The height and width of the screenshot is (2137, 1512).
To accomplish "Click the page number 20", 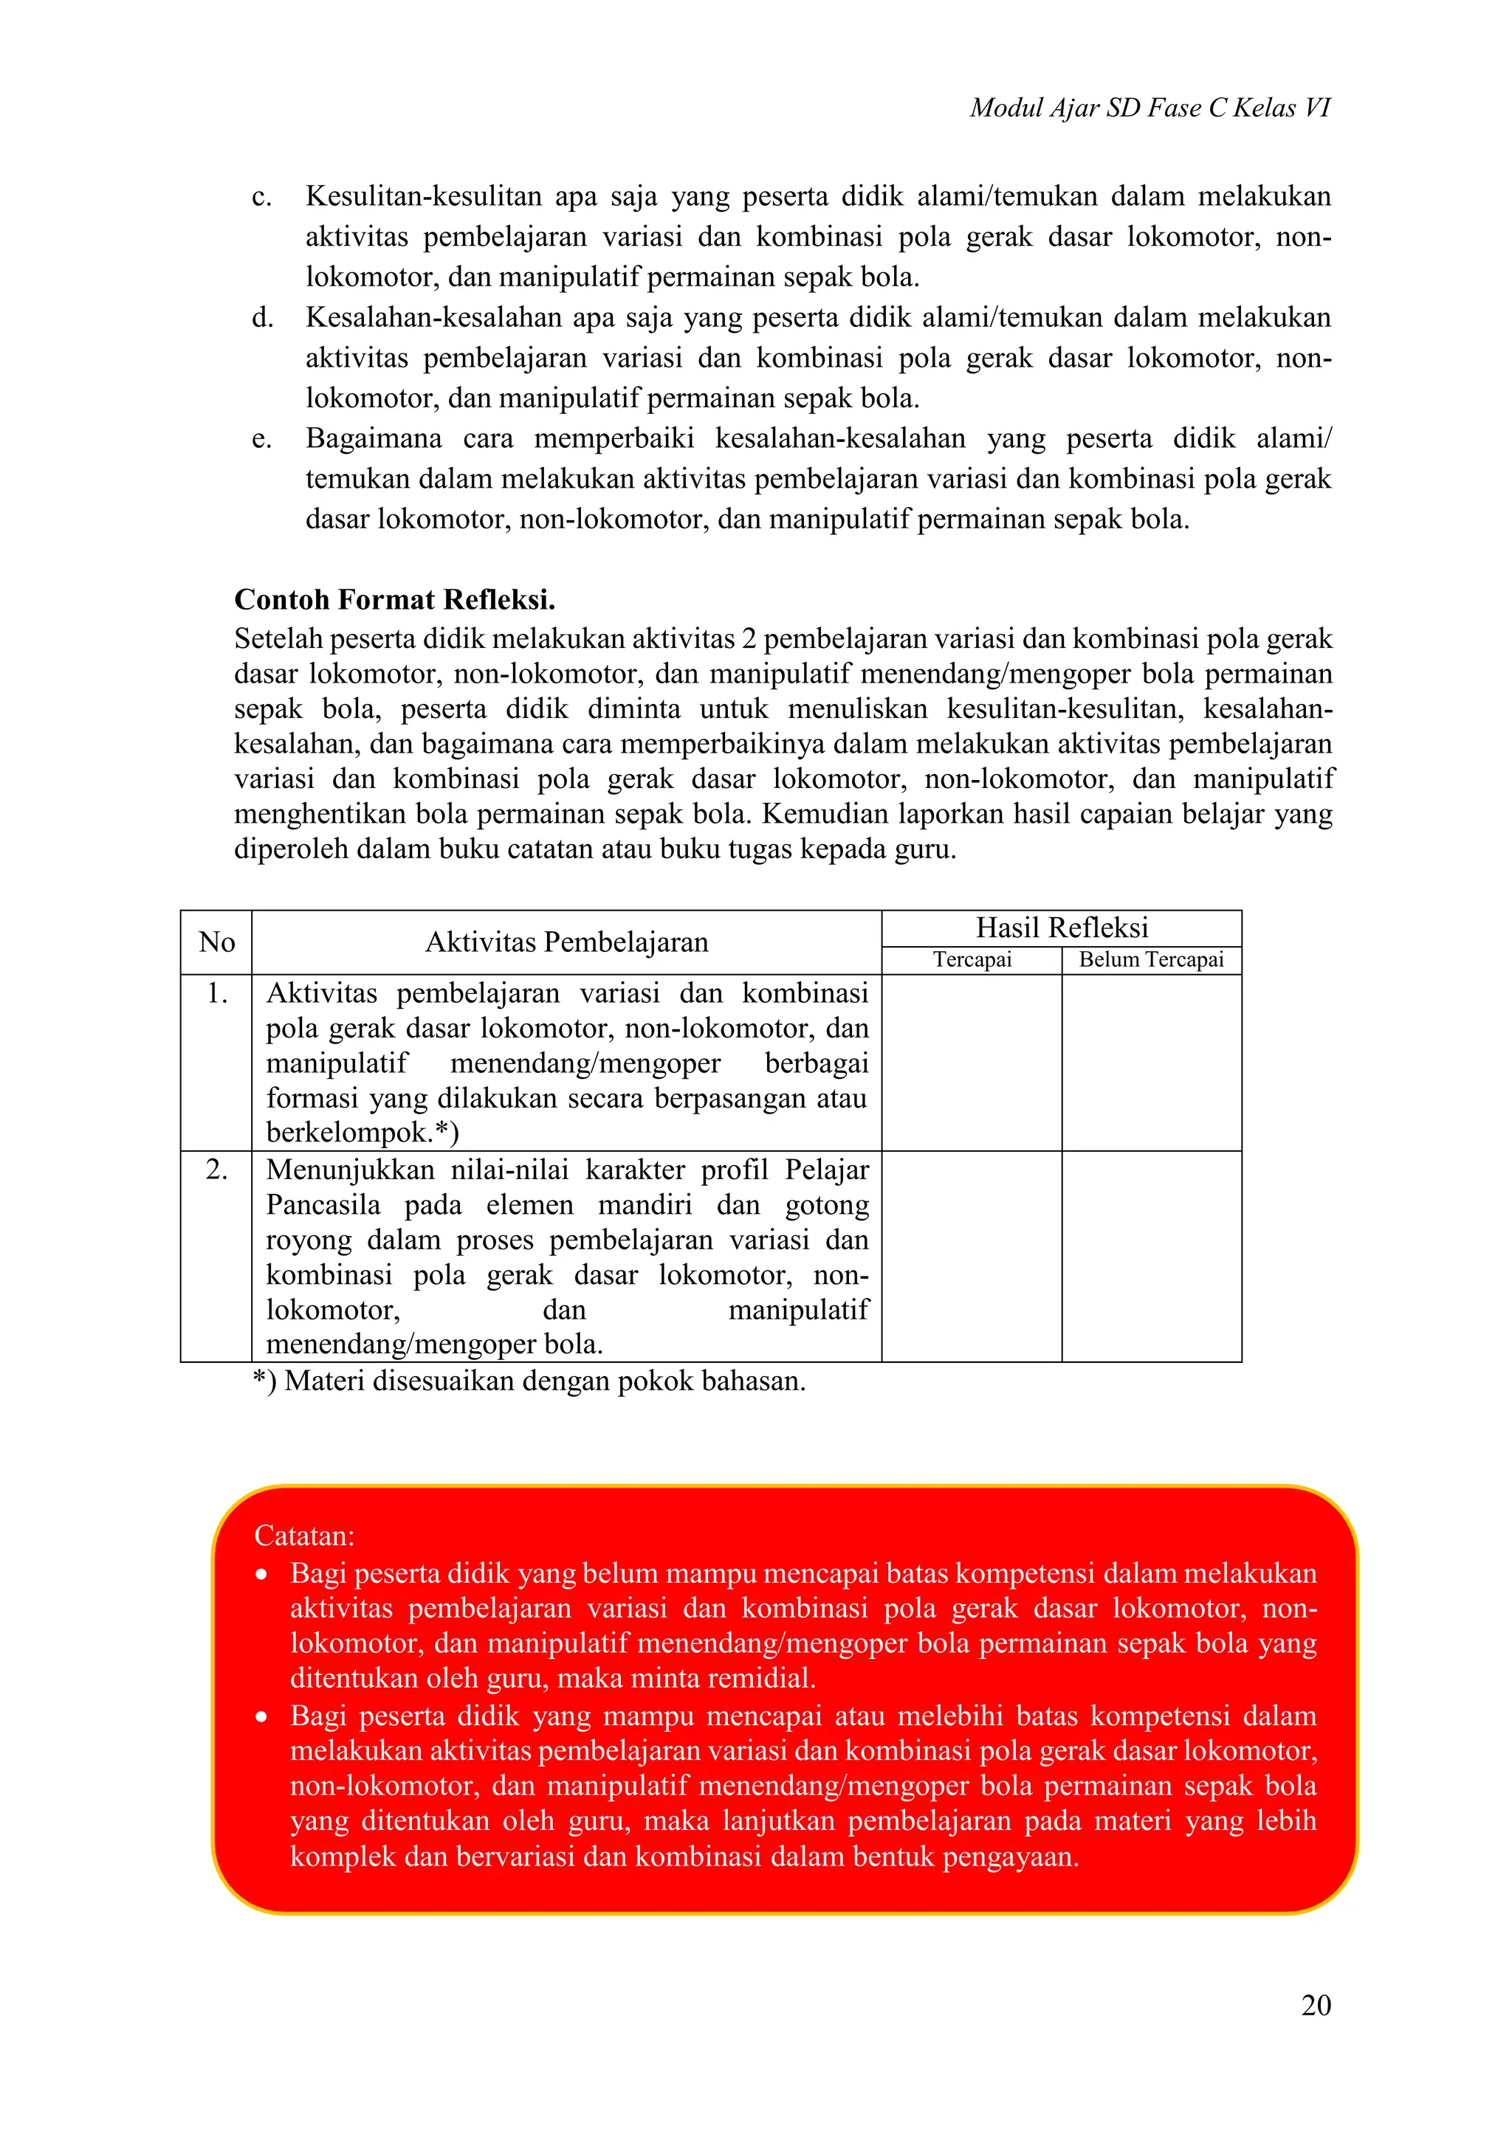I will click(x=1316, y=2004).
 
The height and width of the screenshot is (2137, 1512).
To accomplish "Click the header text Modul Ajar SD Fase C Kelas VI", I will click(x=1149, y=108).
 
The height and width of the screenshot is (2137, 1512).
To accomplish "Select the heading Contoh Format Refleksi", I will click(x=395, y=599).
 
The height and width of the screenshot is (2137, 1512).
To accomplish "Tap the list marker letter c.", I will click(x=261, y=197).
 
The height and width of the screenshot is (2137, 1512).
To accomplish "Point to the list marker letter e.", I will click(x=261, y=439).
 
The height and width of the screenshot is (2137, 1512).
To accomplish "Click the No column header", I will click(x=216, y=942).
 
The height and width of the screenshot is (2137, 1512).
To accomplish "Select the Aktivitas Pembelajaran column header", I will click(x=566, y=942).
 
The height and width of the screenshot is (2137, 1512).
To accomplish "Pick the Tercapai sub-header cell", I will click(x=972, y=959).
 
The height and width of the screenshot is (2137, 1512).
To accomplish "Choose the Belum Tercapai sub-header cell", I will click(x=1151, y=959).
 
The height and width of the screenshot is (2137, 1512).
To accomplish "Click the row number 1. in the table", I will click(x=217, y=994).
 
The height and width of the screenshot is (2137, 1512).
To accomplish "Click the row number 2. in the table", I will click(x=217, y=1170).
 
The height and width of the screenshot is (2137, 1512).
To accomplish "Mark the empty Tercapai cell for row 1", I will click(x=972, y=1062).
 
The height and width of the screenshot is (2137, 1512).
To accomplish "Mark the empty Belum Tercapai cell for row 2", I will click(x=1151, y=1256).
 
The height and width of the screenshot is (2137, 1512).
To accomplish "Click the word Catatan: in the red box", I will click(x=304, y=1535).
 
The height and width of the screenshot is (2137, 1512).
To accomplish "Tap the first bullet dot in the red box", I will click(x=263, y=1575).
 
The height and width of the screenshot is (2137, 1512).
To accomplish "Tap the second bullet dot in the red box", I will click(x=263, y=1717).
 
